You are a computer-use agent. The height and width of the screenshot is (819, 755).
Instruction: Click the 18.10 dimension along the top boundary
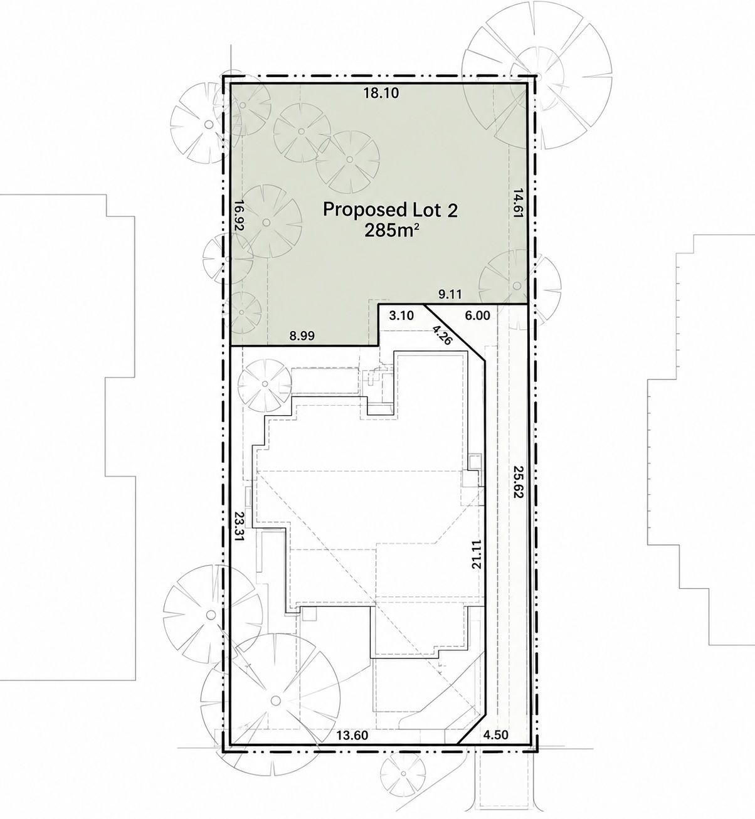pyautogui.click(x=381, y=93)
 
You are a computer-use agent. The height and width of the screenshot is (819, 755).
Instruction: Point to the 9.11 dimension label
pyautogui.click(x=448, y=295)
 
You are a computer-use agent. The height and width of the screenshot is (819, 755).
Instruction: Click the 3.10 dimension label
pyautogui.click(x=401, y=316)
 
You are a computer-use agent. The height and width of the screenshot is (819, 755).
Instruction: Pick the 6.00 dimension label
pyautogui.click(x=477, y=315)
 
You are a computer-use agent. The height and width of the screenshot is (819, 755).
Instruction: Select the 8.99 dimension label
pyautogui.click(x=302, y=336)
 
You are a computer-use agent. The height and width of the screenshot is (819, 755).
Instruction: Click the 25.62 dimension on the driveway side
pyautogui.click(x=519, y=482)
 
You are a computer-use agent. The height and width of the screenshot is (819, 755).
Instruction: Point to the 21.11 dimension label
pyautogui.click(x=477, y=554)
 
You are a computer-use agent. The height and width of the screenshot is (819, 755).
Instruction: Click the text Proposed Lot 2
pyautogui.click(x=390, y=209)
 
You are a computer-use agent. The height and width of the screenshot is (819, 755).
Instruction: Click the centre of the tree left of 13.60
pyautogui.click(x=275, y=699)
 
